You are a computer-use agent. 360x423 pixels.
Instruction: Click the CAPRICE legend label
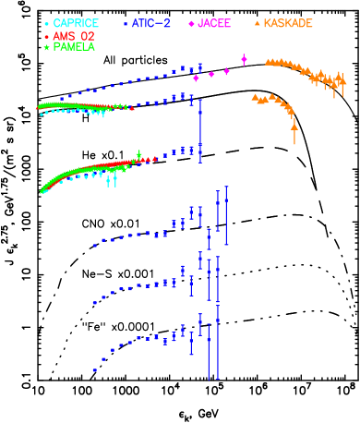76,23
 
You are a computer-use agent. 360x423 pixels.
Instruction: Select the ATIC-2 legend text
150,23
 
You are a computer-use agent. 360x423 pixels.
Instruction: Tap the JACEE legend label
214,23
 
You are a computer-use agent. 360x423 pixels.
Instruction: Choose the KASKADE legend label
288,23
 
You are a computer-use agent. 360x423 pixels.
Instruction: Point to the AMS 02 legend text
74,36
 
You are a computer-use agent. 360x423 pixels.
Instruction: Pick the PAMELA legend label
74,47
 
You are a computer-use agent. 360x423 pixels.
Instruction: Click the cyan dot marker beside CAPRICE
47,24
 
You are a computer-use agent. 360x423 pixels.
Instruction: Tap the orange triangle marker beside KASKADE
257,23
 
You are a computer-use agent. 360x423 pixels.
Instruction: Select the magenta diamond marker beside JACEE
191,24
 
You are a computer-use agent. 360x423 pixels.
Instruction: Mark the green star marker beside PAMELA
47,47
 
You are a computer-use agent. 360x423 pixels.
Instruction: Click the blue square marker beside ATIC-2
126,23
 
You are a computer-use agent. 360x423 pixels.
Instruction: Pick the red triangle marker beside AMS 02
47,36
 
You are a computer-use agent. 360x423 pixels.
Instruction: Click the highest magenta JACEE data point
244,59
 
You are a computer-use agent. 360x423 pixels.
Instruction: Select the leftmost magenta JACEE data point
196,79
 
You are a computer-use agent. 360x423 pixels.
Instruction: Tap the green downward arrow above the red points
138,155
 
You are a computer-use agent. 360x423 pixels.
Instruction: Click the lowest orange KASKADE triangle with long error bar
294,127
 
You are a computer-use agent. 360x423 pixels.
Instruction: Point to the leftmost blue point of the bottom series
94,370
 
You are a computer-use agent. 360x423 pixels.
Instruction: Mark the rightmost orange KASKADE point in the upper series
343,83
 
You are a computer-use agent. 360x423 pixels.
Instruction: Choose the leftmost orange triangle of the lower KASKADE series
255,96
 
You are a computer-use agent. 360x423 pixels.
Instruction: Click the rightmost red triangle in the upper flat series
131,108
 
